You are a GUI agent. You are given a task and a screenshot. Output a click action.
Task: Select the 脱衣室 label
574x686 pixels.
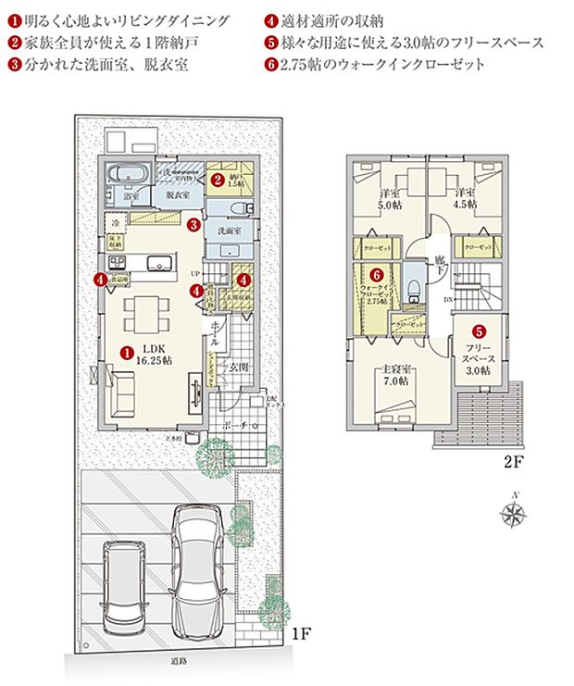[x=178, y=195]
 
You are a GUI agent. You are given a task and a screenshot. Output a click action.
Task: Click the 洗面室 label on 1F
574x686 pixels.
[x=230, y=230]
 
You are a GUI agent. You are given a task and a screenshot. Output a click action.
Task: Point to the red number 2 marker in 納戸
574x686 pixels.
[x=216, y=180]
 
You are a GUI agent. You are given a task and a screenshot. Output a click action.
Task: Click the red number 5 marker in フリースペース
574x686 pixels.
[x=479, y=331]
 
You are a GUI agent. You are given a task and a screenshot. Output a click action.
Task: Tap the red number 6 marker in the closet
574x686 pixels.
[x=376, y=275]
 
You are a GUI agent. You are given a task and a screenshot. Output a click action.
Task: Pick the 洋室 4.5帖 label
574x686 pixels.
[x=465, y=198]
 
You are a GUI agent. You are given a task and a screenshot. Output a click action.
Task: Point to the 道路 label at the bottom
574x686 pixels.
[x=179, y=660]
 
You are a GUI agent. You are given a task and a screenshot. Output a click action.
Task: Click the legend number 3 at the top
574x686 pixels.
[x=14, y=65]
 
